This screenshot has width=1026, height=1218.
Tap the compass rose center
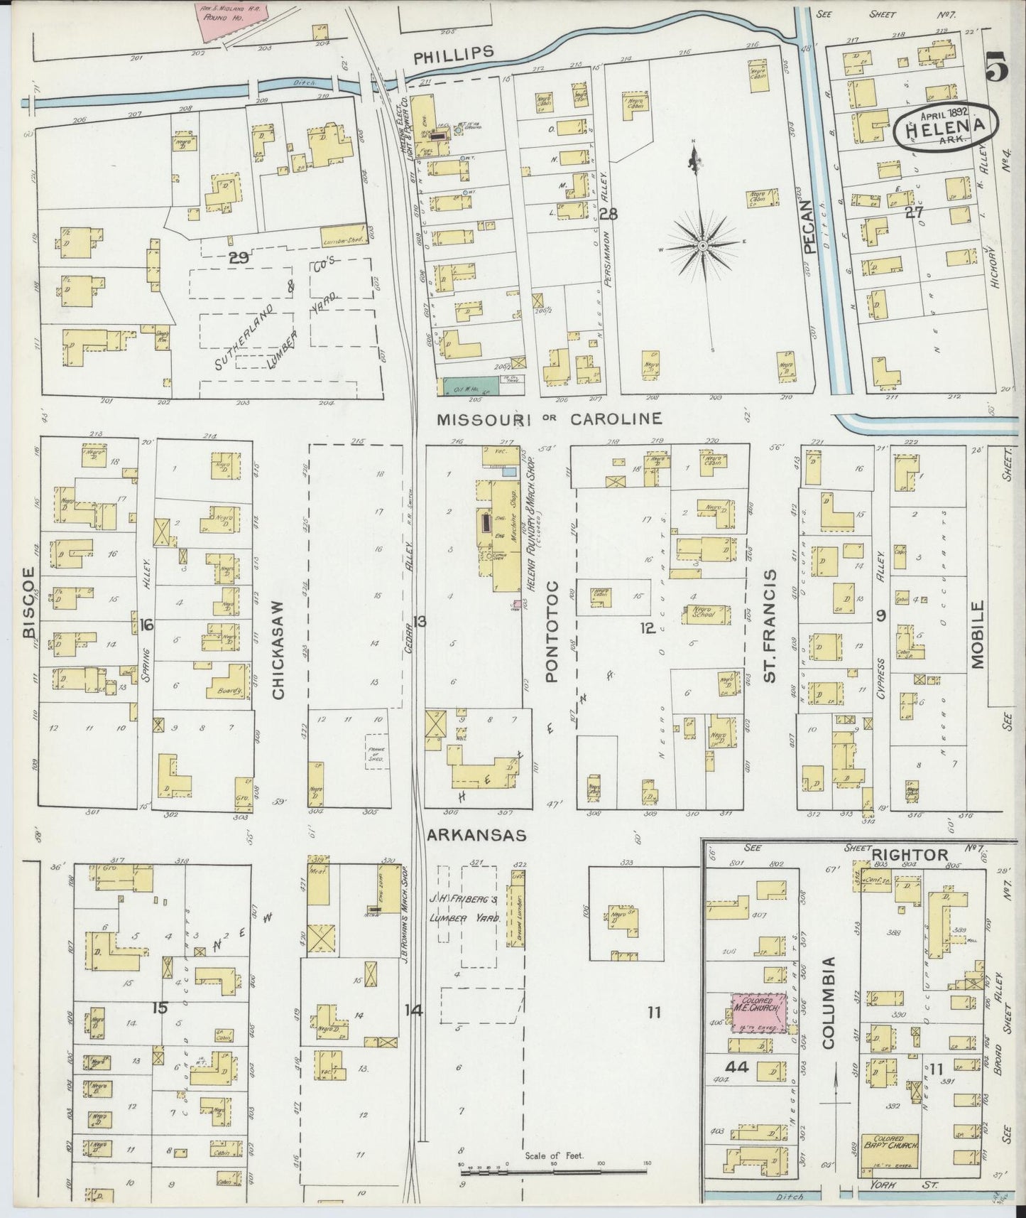pos(702,246)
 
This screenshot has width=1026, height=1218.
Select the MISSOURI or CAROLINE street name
pos(549,419)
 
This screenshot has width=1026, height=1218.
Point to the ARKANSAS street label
pos(476,836)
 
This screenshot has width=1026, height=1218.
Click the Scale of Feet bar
pos(554,1166)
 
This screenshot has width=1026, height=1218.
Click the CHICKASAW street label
pos(278,650)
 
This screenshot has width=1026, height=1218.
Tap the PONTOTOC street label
pos(553,631)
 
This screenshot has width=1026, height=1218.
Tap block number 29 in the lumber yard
pos(239,258)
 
